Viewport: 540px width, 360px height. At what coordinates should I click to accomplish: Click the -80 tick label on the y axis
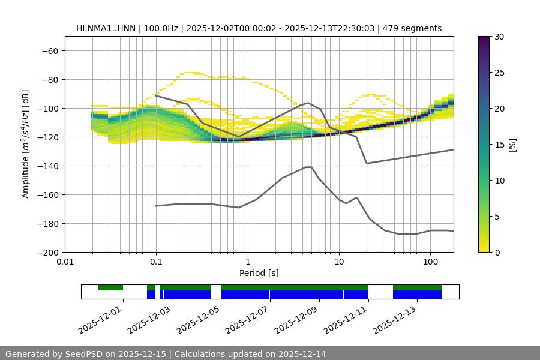point(48,79)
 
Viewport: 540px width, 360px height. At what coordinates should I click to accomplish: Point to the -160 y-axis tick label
point(46,194)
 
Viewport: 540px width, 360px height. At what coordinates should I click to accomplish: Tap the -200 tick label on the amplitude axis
point(46,252)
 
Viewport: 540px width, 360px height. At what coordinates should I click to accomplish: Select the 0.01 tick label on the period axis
point(65,262)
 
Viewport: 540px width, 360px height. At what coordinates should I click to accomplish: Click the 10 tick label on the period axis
point(339,262)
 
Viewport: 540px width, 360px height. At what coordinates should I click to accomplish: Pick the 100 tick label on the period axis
point(430,262)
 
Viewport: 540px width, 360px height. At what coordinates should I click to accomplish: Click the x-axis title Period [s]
point(259,273)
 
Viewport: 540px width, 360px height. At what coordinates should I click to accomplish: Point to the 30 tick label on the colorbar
point(499,37)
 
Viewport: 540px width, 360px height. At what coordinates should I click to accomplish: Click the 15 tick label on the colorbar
point(499,145)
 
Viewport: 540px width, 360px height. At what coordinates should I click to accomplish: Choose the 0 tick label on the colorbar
point(497,252)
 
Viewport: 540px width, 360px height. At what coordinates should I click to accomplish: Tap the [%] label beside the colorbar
point(514,145)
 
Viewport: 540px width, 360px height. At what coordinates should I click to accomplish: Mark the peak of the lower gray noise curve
point(308,167)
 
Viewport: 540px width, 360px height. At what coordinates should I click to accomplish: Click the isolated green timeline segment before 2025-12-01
point(110,287)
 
